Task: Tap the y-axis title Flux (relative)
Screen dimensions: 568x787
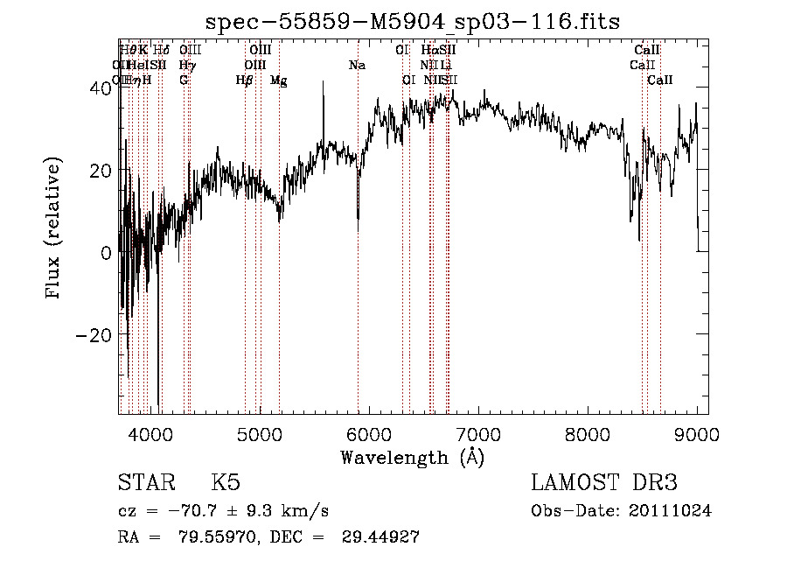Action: [53, 228]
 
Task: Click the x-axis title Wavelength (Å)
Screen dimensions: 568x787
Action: [412, 457]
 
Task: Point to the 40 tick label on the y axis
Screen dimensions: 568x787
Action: [99, 88]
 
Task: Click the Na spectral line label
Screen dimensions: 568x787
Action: [357, 65]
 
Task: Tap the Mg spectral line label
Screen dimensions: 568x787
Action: [278, 81]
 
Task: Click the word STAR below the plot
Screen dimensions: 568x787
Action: [145, 483]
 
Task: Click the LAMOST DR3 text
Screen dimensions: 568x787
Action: [604, 483]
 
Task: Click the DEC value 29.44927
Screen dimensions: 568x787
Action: [380, 536]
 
